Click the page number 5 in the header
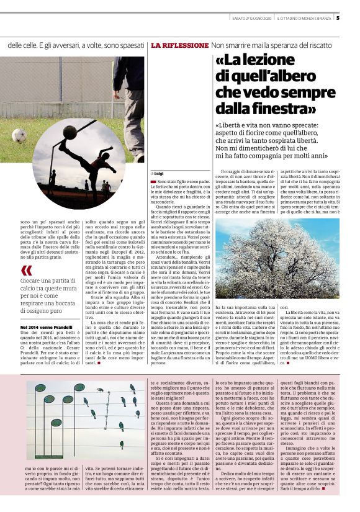354,17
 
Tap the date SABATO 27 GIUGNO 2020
250,18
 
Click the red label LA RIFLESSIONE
179,46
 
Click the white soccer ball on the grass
19,135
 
